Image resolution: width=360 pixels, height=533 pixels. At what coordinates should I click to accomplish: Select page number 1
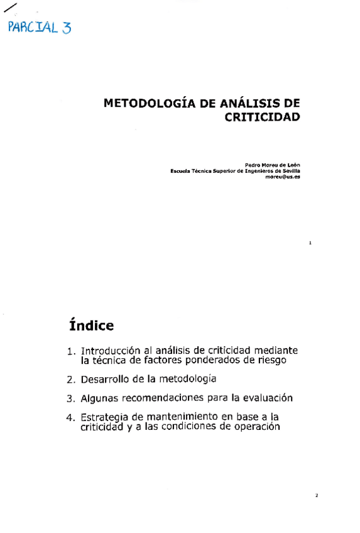pos(310,241)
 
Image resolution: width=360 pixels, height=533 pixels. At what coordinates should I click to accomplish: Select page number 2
pos(317,496)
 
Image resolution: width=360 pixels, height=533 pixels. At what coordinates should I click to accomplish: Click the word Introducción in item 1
pos(107,350)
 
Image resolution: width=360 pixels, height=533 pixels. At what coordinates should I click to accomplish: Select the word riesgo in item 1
pos(271,361)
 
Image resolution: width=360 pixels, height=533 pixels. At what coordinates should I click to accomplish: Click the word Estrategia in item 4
pos(105,417)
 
